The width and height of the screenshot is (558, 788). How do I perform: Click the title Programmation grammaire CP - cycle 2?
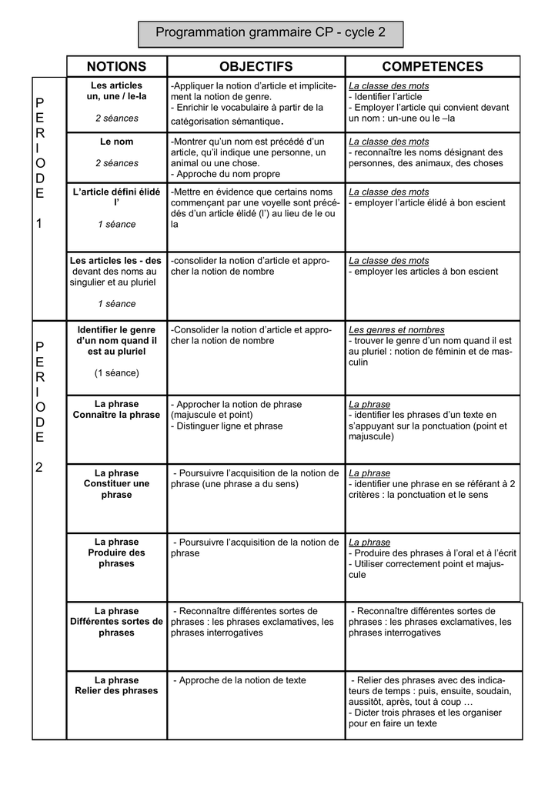pyautogui.click(x=270, y=33)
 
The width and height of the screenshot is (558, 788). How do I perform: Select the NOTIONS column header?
pyautogui.click(x=116, y=66)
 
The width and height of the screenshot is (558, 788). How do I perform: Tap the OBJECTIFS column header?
pyautogui.click(x=256, y=66)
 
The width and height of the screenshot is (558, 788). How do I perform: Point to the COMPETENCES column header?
pyautogui.click(x=433, y=66)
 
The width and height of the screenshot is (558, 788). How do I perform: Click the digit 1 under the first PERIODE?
pyautogui.click(x=40, y=223)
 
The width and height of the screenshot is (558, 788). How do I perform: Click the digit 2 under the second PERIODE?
pyautogui.click(x=40, y=467)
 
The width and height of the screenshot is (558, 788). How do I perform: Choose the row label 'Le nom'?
pyautogui.click(x=117, y=142)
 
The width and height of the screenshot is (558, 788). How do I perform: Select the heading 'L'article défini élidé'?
pyautogui.click(x=117, y=192)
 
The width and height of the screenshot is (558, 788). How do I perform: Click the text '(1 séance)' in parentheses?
pyautogui.click(x=117, y=373)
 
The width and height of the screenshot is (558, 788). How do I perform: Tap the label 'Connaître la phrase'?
pyautogui.click(x=117, y=415)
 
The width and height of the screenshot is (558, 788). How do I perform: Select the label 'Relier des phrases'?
pyautogui.click(x=117, y=691)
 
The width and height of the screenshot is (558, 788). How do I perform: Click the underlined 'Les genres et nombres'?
pyautogui.click(x=396, y=330)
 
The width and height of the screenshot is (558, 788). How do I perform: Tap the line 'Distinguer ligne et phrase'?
pyautogui.click(x=227, y=426)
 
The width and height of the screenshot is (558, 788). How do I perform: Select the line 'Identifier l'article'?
pyautogui.click(x=386, y=97)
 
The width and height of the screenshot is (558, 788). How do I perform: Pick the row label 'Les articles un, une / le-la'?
pyautogui.click(x=117, y=91)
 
